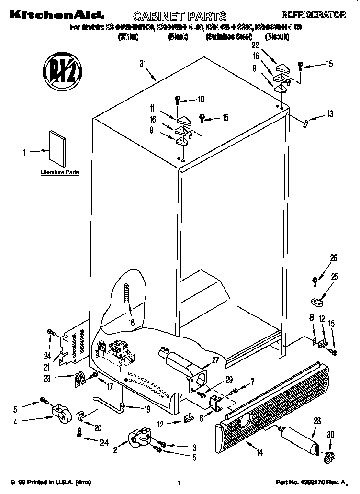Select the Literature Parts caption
(60, 172)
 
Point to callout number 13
(329, 113)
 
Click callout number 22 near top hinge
(255, 45)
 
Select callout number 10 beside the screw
(201, 100)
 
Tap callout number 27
(216, 360)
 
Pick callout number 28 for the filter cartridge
(316, 420)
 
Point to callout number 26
(333, 258)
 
